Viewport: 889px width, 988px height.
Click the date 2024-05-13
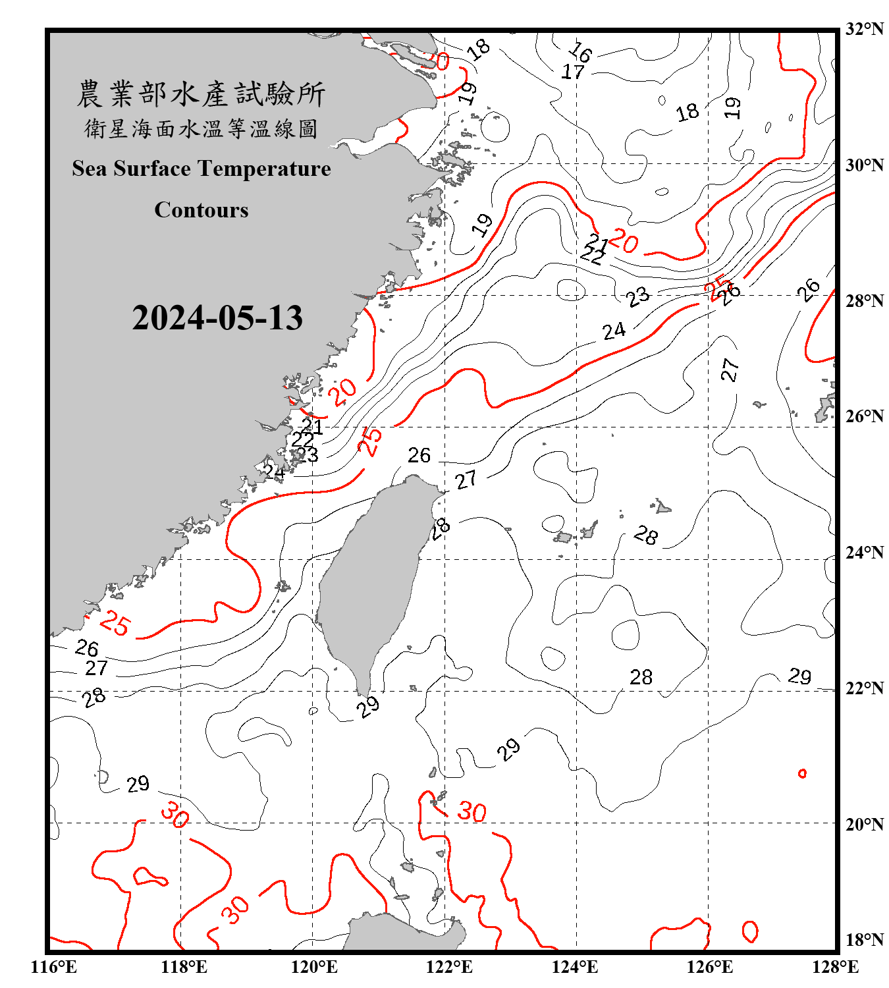click(x=217, y=318)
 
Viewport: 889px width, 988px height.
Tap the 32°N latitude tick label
click(x=863, y=29)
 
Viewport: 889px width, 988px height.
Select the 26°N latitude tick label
click(x=863, y=416)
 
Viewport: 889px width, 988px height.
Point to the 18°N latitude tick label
click(x=863, y=940)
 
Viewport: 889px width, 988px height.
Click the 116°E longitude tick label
click(x=54, y=967)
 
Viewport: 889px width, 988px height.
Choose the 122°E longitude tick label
click(x=449, y=967)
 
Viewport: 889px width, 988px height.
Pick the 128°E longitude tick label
click(x=835, y=967)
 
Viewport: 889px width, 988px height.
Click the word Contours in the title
click(x=202, y=210)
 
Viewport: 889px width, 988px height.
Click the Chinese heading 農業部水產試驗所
click(x=201, y=94)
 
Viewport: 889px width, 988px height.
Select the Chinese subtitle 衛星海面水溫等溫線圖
click(x=201, y=128)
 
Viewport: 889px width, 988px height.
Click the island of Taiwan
click(x=372, y=580)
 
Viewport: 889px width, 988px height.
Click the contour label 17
click(x=573, y=72)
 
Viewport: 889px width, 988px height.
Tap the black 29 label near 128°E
click(x=799, y=676)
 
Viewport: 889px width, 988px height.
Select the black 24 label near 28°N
click(x=614, y=331)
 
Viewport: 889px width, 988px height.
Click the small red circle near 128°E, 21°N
click(x=802, y=773)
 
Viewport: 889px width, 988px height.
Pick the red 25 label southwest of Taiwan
click(x=116, y=623)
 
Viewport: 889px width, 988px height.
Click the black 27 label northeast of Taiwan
click(x=466, y=480)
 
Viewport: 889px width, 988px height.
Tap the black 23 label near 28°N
click(x=637, y=297)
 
